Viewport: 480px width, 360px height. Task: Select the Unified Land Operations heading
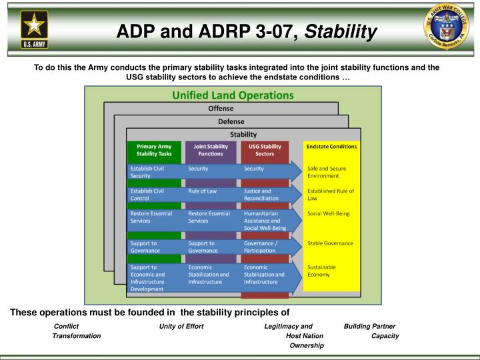tap(233, 95)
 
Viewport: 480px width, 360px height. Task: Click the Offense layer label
tap(221, 109)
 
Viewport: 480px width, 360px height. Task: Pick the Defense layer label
tap(231, 121)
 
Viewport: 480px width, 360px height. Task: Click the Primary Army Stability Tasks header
tap(154, 150)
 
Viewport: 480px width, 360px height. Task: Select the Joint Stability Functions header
tap(210, 150)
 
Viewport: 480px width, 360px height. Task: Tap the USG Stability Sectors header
tap(265, 150)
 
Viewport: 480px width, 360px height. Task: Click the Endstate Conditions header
tap(331, 146)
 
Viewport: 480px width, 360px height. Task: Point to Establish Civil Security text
tap(147, 172)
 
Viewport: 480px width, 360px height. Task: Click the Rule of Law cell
tap(203, 191)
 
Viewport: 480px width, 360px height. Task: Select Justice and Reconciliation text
tap(261, 195)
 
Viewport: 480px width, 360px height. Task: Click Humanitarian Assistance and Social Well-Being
tap(265, 221)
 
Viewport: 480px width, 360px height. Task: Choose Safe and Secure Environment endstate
tap(323, 172)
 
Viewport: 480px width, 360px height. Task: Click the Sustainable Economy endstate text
tap(322, 271)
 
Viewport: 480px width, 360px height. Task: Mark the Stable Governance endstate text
tap(330, 243)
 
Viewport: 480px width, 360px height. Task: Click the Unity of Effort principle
tap(181, 326)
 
